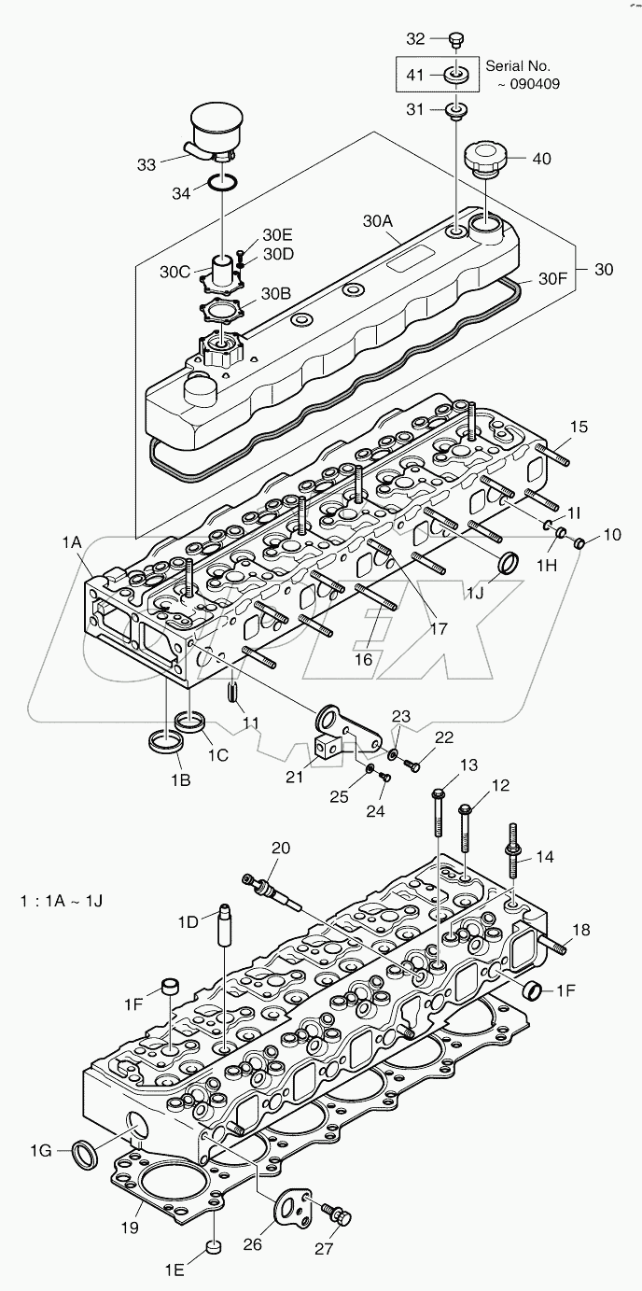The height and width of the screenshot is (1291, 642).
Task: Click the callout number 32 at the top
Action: [x=415, y=38]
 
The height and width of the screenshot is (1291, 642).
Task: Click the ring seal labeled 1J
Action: [x=509, y=564]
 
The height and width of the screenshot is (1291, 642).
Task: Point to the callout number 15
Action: [x=579, y=428]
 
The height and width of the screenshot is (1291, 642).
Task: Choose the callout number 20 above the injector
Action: [x=281, y=848]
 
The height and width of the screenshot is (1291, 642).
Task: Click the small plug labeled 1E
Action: [x=214, y=1246]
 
